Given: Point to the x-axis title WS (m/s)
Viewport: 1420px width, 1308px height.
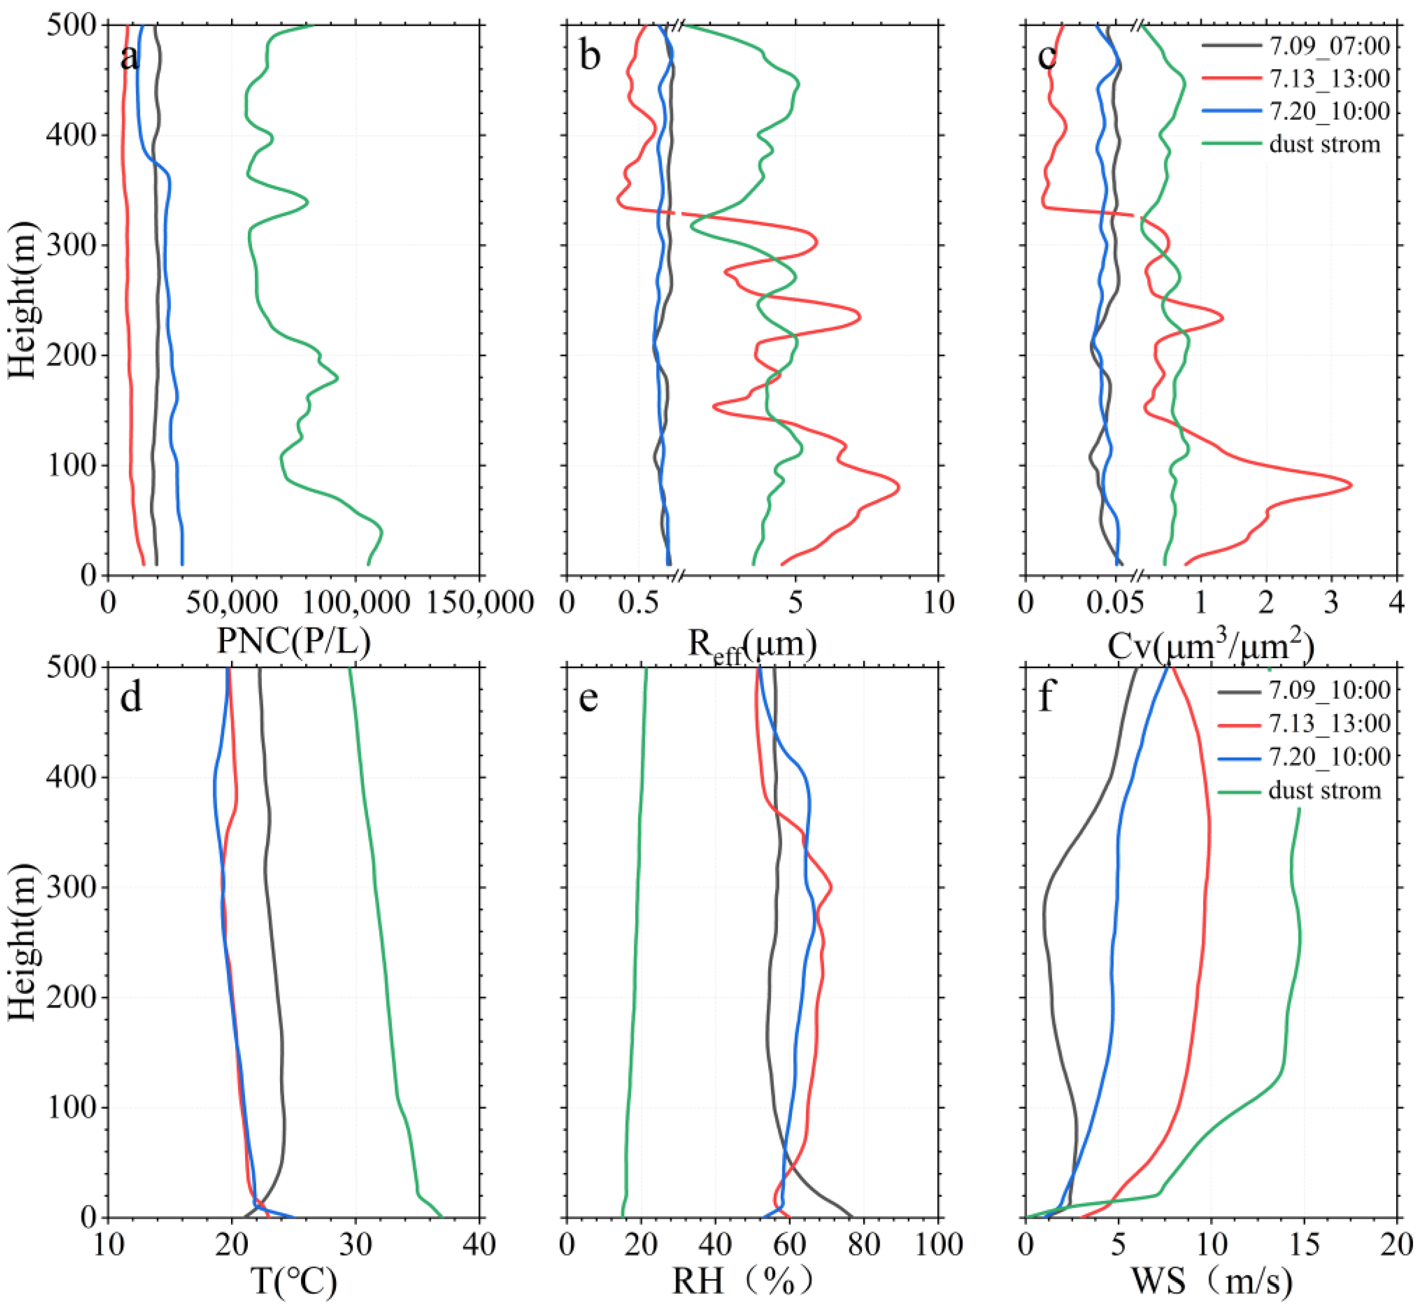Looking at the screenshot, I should tap(1212, 1281).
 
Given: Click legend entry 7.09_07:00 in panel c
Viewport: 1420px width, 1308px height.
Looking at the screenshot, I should tap(1330, 47).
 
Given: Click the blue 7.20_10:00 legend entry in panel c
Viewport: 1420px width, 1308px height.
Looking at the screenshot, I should tap(1330, 111).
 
